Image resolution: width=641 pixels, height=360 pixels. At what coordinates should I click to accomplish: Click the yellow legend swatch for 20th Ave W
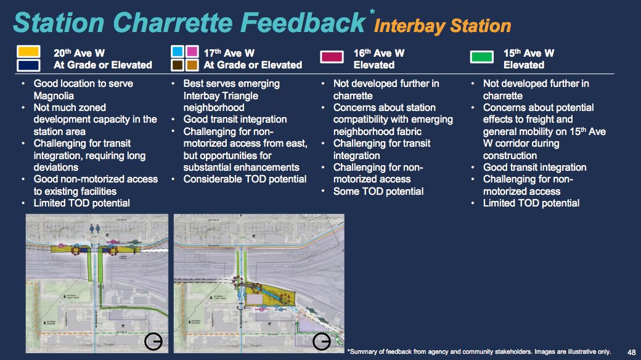click(x=29, y=52)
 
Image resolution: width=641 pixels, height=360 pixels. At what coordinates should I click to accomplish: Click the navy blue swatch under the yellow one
click(x=29, y=65)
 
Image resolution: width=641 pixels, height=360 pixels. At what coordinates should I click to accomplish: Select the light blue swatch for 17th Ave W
click(x=178, y=51)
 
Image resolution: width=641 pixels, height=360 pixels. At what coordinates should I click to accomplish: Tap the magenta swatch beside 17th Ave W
click(x=192, y=51)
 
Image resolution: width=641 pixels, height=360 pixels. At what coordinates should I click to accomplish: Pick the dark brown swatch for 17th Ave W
click(x=178, y=65)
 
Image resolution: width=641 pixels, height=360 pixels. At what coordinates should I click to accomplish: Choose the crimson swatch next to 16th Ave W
click(x=332, y=57)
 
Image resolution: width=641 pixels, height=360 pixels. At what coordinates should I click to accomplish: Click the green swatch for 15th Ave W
click(x=481, y=57)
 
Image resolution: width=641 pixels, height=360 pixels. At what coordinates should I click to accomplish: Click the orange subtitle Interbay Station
click(x=443, y=26)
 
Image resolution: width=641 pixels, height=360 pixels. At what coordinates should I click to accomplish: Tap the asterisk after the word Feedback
click(x=372, y=12)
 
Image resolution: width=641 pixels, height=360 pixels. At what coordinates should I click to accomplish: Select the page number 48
click(x=631, y=351)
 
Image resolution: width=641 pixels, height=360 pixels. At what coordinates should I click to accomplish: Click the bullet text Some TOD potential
click(x=378, y=191)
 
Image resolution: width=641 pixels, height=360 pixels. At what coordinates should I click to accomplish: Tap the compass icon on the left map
click(x=153, y=342)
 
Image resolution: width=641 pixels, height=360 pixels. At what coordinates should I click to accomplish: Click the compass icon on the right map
click(x=322, y=342)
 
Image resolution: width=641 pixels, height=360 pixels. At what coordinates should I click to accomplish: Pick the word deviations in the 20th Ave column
click(x=56, y=168)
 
